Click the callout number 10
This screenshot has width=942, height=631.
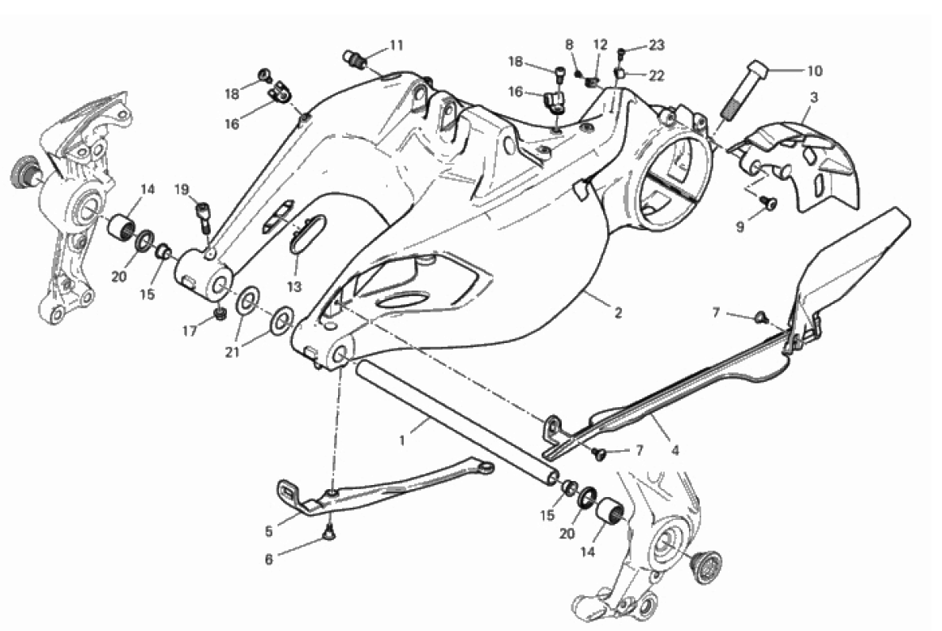point(813,71)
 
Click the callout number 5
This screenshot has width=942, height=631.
point(268,532)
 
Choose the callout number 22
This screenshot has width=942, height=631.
point(656,75)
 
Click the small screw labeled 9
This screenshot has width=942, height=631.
point(768,204)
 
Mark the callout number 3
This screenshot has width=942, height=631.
point(813,97)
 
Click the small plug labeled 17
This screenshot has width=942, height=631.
point(218,313)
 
